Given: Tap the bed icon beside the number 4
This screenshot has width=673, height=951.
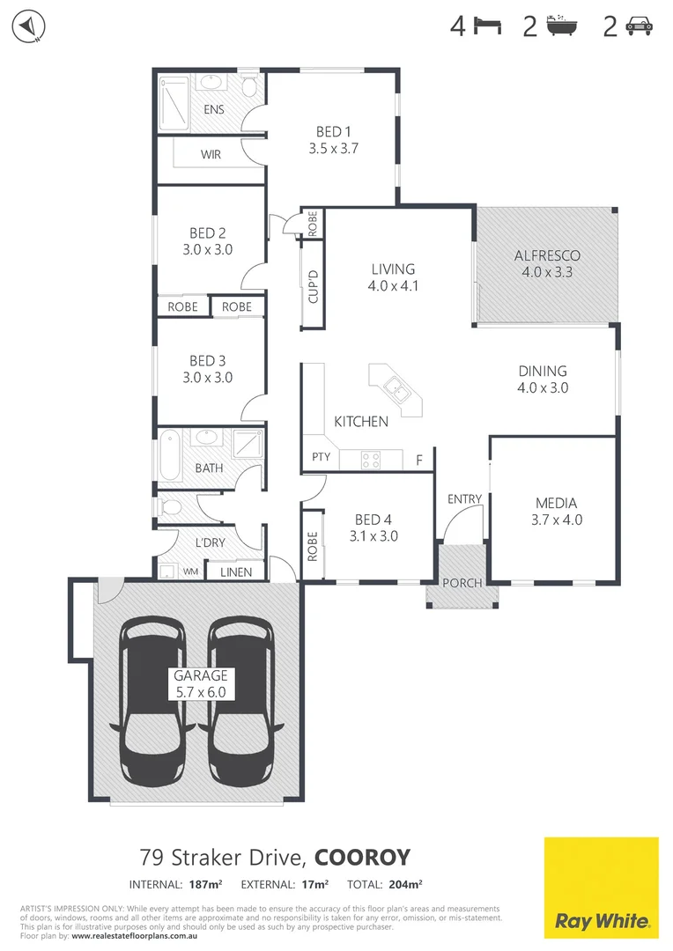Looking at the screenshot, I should click(x=488, y=26).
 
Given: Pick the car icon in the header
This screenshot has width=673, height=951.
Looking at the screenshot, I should click(x=639, y=27).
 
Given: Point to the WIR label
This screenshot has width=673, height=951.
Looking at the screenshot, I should click(x=211, y=154).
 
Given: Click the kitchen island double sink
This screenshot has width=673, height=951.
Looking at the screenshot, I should click(x=395, y=388).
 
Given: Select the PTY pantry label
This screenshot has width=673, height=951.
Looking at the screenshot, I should click(x=320, y=458).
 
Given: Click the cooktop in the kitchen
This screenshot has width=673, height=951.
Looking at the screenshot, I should click(x=371, y=459).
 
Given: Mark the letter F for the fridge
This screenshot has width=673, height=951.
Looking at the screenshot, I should click(x=419, y=459).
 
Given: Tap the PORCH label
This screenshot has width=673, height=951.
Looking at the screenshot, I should click(x=461, y=583).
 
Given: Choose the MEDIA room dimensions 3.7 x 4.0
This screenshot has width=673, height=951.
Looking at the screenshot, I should click(x=558, y=520).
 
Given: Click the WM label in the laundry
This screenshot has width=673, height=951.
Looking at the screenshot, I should click(x=189, y=571).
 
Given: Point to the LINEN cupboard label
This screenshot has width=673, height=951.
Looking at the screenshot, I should click(x=235, y=572).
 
